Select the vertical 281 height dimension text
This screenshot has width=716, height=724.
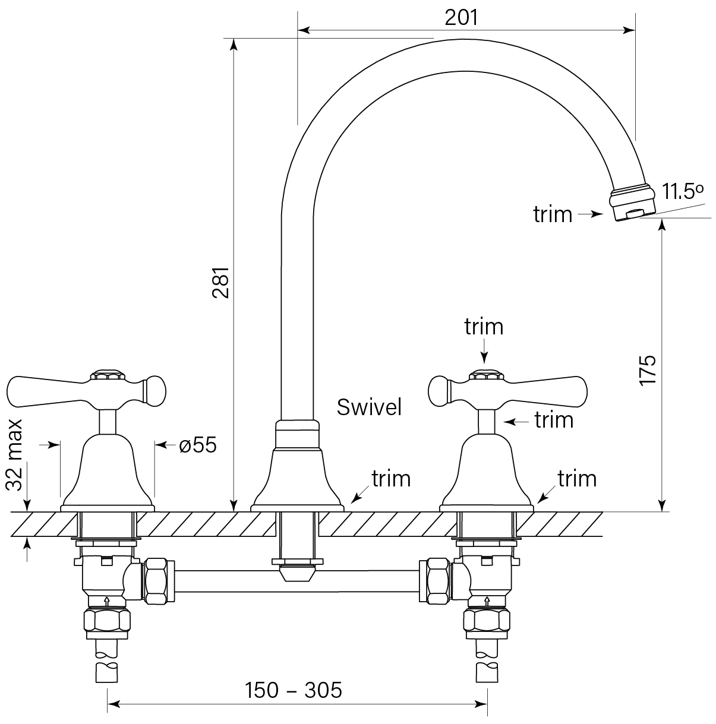pyautogui.click(x=220, y=283)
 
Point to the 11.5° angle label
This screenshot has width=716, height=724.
pyautogui.click(x=683, y=192)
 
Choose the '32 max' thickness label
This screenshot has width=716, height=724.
pyautogui.click(x=17, y=455)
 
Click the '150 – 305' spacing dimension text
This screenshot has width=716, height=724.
pyautogui.click(x=294, y=690)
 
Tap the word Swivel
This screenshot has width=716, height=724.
pyautogui.click(x=369, y=407)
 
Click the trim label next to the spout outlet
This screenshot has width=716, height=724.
pyautogui.click(x=553, y=214)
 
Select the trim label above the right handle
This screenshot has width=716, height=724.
pyautogui.click(x=484, y=326)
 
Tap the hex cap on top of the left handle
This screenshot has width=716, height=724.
pyautogui.click(x=107, y=376)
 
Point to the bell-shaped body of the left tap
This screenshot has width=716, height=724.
pyautogui.click(x=108, y=469)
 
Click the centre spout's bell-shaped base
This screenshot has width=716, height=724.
pyautogui.click(x=298, y=478)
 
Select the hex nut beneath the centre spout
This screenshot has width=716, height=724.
pyautogui.click(x=297, y=561)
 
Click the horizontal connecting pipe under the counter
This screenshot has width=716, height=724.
pyautogui.click(x=297, y=581)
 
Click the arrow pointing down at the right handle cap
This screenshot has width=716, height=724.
pyautogui.click(x=484, y=353)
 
